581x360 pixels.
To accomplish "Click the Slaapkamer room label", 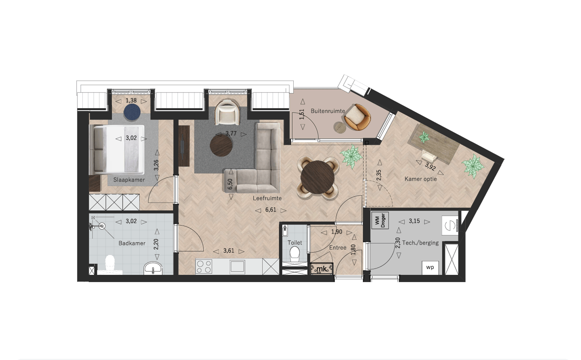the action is click(x=129, y=180).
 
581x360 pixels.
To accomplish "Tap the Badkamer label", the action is click(x=132, y=243).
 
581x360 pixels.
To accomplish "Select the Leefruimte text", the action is click(x=267, y=199).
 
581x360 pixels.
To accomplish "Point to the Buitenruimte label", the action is click(x=328, y=111).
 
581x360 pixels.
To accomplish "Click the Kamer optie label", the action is click(x=421, y=179).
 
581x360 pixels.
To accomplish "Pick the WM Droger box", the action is click(x=380, y=220).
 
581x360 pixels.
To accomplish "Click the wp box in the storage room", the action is click(x=430, y=268).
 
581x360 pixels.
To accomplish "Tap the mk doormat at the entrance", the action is click(x=322, y=269).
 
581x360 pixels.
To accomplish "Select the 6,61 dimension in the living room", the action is click(x=270, y=210).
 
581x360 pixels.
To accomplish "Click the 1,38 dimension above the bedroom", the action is click(x=131, y=100).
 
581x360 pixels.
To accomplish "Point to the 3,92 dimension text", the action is click(x=430, y=167).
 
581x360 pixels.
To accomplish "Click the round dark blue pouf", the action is click(x=132, y=112).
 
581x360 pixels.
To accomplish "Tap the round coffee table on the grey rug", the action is click(x=221, y=146).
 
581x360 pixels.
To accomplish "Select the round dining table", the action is click(x=318, y=177).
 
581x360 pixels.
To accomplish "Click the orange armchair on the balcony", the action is click(x=357, y=117).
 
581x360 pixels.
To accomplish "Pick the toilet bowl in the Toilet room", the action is click(x=295, y=254).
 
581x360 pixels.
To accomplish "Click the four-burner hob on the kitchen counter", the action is click(x=204, y=267).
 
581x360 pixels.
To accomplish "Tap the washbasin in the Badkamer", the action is click(x=153, y=268).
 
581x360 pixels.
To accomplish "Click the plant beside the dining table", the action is click(x=351, y=157).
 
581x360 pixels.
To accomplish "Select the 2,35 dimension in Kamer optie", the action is click(x=379, y=175).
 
